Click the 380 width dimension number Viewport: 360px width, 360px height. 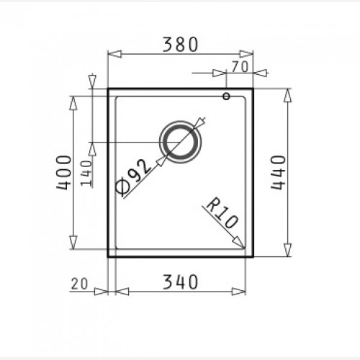(x=180, y=45)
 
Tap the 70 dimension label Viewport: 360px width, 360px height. (x=240, y=67)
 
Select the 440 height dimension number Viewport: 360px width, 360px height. (x=279, y=173)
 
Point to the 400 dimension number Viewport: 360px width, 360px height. (x=64, y=172)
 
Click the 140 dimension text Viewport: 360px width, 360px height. (x=86, y=173)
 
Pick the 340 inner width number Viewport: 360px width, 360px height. (x=180, y=282)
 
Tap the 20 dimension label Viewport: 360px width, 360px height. (x=80, y=284)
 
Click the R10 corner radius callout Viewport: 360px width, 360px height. (x=222, y=213)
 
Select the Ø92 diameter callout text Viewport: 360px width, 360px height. (x=133, y=176)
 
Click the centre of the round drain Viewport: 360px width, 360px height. (x=180, y=142)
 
